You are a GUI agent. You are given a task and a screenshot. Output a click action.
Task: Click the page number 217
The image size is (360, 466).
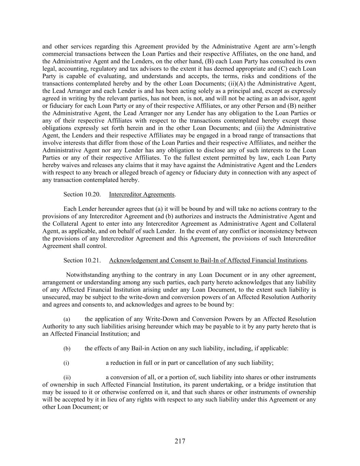[180, 441]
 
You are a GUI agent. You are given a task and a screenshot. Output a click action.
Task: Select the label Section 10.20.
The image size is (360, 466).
[82, 194]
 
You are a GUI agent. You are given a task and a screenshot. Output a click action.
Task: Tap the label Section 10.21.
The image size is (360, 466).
[82, 260]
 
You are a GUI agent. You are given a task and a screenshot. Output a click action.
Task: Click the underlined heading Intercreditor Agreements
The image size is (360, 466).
[142, 194]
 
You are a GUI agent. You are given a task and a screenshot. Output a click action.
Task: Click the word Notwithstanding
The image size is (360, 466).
[87, 275]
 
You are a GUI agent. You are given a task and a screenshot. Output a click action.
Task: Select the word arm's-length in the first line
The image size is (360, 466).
[302, 46]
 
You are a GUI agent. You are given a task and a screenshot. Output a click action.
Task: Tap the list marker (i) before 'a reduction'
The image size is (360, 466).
[66, 363]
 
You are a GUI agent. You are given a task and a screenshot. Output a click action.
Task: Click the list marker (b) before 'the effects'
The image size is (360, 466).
[67, 349]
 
